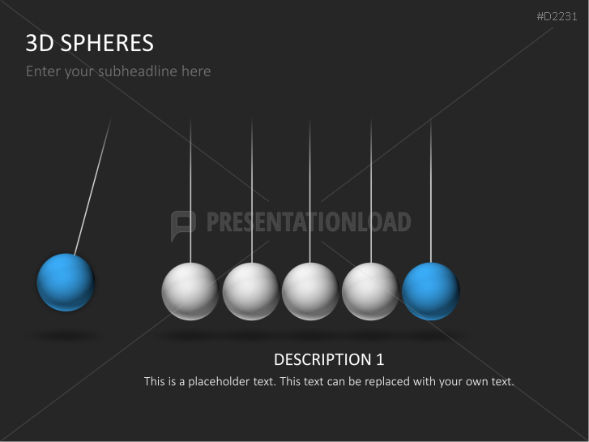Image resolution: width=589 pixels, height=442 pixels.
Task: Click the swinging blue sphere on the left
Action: pos(66,282)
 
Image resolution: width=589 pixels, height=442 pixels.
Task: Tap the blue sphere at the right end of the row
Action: pos(430,291)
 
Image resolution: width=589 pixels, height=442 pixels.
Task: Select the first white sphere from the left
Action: pos(190,291)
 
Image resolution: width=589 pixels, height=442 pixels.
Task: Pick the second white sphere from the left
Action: pos(250,291)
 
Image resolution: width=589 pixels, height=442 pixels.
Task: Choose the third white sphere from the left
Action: pos(310,291)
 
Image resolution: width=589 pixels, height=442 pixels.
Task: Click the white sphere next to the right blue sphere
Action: pos(370,291)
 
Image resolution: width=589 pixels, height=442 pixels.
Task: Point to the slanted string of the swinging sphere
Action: pos(92,187)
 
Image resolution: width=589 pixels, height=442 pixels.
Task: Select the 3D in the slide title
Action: pos(39,43)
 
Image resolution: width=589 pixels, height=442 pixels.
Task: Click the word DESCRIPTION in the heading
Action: pos(321,359)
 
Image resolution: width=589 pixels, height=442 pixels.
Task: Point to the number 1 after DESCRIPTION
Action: pos(379,359)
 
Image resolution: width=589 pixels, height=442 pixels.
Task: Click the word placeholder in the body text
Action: pos(213,381)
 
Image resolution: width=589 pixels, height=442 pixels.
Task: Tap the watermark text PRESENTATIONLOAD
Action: pos(308,222)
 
